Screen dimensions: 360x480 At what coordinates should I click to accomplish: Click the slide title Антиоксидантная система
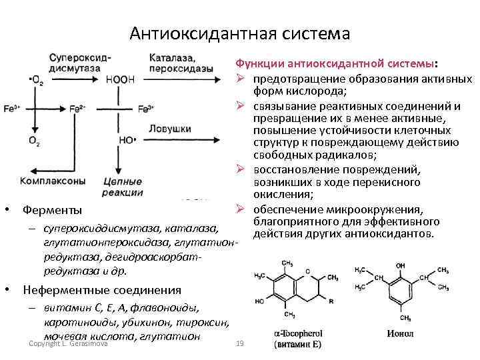[239, 33]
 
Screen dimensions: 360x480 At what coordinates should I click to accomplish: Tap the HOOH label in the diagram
[120, 80]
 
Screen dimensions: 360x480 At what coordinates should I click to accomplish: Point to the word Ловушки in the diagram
[170, 127]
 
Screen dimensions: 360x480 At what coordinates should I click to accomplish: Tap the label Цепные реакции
[123, 187]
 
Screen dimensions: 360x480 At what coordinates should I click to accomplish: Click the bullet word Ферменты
[53, 211]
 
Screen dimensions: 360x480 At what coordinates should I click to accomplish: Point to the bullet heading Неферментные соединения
[101, 290]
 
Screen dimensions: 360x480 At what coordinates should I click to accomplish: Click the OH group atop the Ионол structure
[400, 265]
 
